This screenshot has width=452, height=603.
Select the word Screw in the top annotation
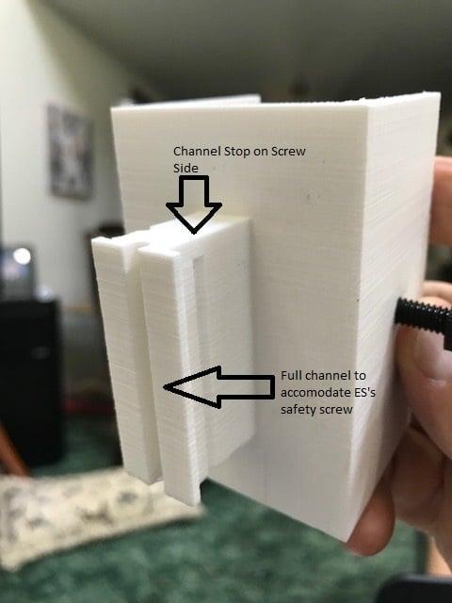click(x=288, y=151)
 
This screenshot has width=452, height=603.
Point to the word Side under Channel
click(x=186, y=168)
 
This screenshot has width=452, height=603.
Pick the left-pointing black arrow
click(x=219, y=387)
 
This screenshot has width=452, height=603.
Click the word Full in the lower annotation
click(x=289, y=375)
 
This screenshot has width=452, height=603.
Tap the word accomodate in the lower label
click(x=315, y=393)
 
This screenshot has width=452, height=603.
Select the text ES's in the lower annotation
click(x=363, y=392)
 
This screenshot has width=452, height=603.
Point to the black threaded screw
click(x=424, y=320)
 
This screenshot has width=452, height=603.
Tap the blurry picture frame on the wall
click(x=72, y=151)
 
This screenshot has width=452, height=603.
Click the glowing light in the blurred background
click(x=22, y=256)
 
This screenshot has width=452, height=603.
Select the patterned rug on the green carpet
click(x=96, y=517)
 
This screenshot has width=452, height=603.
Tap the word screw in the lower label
click(x=335, y=410)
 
